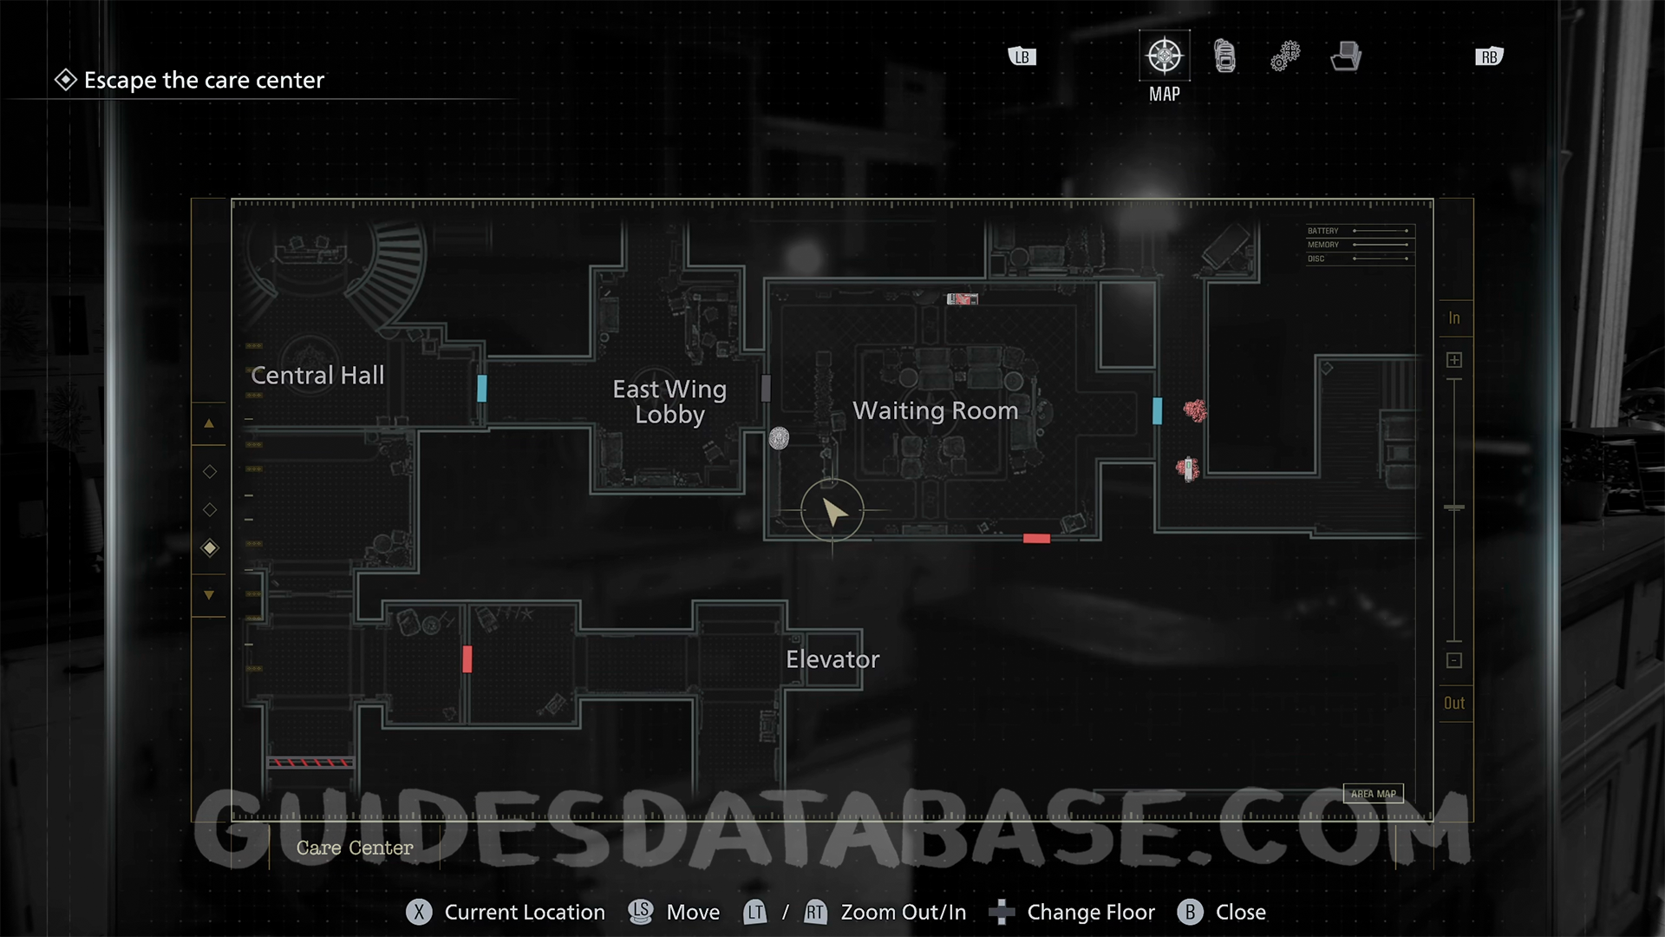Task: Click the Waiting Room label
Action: pos(935,410)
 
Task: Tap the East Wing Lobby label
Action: pos(669,402)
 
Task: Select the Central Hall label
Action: pos(317,376)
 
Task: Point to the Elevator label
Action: pos(832,659)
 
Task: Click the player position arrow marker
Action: pos(833,511)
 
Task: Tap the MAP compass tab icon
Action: pos(1164,56)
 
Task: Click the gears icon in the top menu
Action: pos(1285,56)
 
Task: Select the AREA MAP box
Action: pos(1373,794)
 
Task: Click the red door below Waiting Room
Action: pos(1036,539)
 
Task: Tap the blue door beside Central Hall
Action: pos(482,388)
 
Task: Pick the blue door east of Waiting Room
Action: pos(1157,410)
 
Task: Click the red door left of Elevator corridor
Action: pos(467,659)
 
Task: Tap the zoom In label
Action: pos(1454,318)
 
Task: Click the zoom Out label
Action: pos(1454,704)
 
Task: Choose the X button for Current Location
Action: pos(419,912)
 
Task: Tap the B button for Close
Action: pos(1190,912)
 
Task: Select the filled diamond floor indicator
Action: pos(210,547)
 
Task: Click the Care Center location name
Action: pos(355,848)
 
